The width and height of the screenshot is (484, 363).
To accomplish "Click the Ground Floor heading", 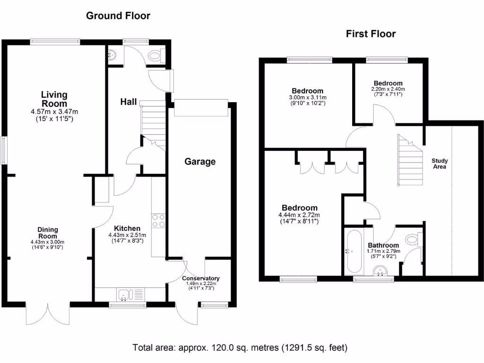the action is tap(118, 16).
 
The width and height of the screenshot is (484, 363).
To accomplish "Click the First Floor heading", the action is tap(371, 34).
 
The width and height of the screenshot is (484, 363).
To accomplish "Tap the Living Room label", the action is tap(54, 99).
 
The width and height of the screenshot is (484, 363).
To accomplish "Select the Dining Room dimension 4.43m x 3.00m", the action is tap(48, 242).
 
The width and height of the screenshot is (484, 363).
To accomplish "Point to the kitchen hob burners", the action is tap(158, 221).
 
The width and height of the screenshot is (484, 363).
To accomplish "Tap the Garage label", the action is tap(200, 162).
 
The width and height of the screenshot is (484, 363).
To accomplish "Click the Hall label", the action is tap(129, 102).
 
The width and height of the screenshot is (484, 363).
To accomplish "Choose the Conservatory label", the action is tap(200, 278).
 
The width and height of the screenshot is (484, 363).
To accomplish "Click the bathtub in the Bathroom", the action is tap(354, 251).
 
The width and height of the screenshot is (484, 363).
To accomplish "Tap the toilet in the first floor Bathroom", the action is tap(414, 239).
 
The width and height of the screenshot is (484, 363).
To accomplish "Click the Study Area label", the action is tap(440, 164).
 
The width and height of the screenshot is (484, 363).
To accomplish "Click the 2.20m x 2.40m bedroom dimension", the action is tap(388, 89).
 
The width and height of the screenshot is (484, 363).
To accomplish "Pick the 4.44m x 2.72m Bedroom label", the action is tap(299, 208).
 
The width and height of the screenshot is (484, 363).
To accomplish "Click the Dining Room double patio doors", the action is tap(48, 313).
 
